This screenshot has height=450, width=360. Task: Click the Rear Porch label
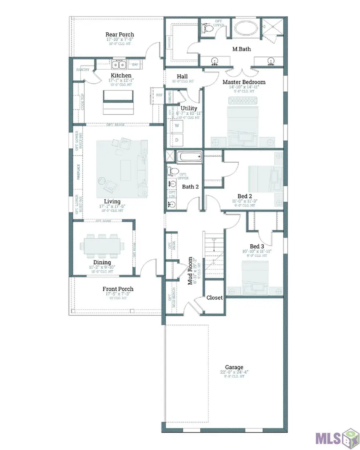pos(120,34)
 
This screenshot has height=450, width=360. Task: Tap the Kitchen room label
pos(121,76)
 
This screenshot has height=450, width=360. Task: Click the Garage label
pos(234,367)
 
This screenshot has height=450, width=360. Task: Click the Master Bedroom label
pos(244,82)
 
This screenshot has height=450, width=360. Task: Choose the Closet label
pos(214,298)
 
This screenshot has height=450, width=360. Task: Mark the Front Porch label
pos(118,289)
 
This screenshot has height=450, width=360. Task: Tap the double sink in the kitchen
pos(119,64)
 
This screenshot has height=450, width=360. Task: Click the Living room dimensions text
pos(112,207)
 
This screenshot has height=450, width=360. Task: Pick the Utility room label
pos(189,108)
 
